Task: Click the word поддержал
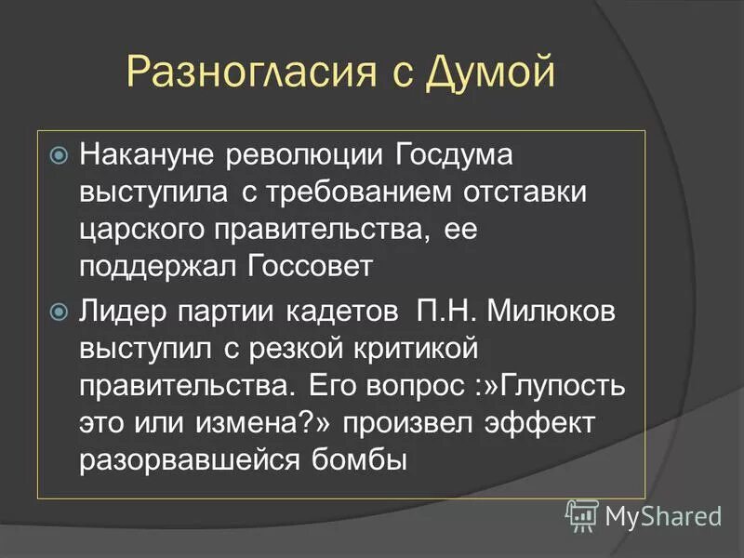click(x=158, y=267)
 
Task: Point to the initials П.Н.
click(x=442, y=310)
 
